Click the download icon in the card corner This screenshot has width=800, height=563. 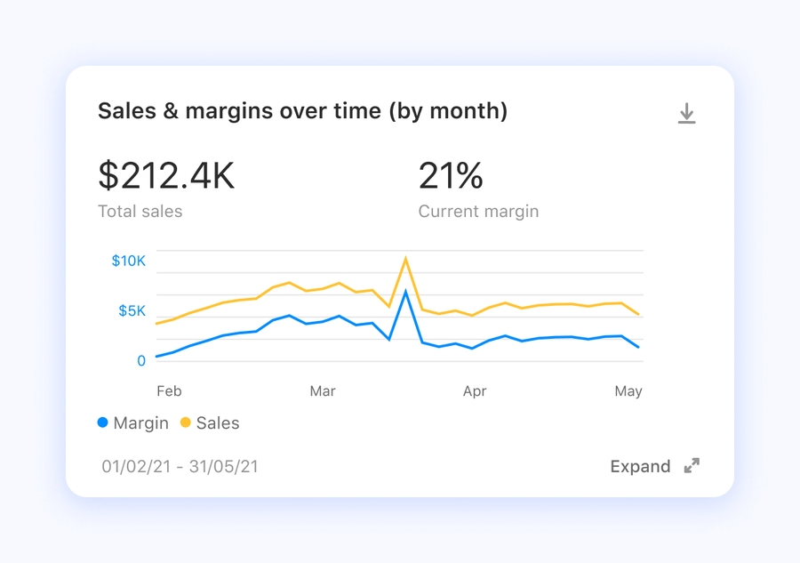(686, 114)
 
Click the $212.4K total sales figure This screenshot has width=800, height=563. (166, 176)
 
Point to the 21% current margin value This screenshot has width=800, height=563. (451, 176)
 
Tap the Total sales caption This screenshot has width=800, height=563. (140, 212)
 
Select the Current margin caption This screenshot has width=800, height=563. (478, 212)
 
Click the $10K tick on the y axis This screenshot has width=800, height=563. (128, 261)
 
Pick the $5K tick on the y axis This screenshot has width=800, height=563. (132, 310)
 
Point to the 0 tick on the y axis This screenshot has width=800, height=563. (141, 360)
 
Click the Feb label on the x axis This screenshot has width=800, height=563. (169, 391)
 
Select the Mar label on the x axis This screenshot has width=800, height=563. (323, 391)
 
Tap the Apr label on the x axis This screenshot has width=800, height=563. (475, 391)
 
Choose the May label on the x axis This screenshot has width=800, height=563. (628, 391)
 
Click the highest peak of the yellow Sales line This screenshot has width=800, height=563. (406, 259)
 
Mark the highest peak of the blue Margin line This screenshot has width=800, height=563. (405, 292)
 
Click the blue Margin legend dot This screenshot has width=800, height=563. (103, 423)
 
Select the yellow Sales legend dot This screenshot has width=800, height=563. (186, 423)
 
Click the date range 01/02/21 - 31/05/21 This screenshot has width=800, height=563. (180, 466)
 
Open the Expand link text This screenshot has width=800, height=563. (640, 466)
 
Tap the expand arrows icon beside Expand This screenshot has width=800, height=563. (692, 466)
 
